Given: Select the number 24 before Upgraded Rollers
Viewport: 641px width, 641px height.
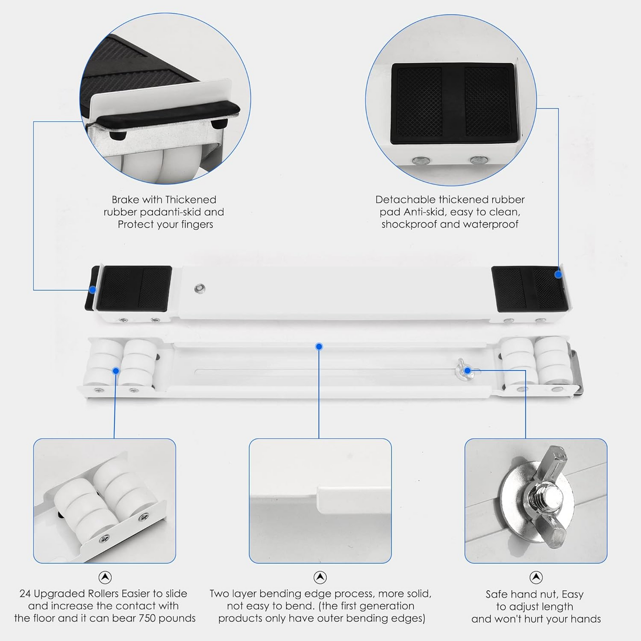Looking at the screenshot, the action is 25,593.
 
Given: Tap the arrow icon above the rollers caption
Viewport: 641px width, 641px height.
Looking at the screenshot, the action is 105,577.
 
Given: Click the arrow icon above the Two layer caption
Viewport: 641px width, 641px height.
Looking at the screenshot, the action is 320,577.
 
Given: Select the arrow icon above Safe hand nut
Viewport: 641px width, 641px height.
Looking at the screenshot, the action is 536,577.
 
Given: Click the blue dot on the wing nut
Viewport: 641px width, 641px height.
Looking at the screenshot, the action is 467,370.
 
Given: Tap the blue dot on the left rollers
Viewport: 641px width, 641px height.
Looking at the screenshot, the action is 116,370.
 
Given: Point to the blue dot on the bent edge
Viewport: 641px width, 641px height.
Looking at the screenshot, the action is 319,347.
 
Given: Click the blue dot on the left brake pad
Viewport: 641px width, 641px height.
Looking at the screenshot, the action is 93,290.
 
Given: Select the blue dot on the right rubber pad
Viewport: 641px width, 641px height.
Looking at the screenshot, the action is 558,274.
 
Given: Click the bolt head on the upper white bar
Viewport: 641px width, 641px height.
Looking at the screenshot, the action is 200,288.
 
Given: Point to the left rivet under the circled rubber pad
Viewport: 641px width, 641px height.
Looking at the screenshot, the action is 420,161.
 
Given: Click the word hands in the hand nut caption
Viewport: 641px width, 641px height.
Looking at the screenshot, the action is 586,619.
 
